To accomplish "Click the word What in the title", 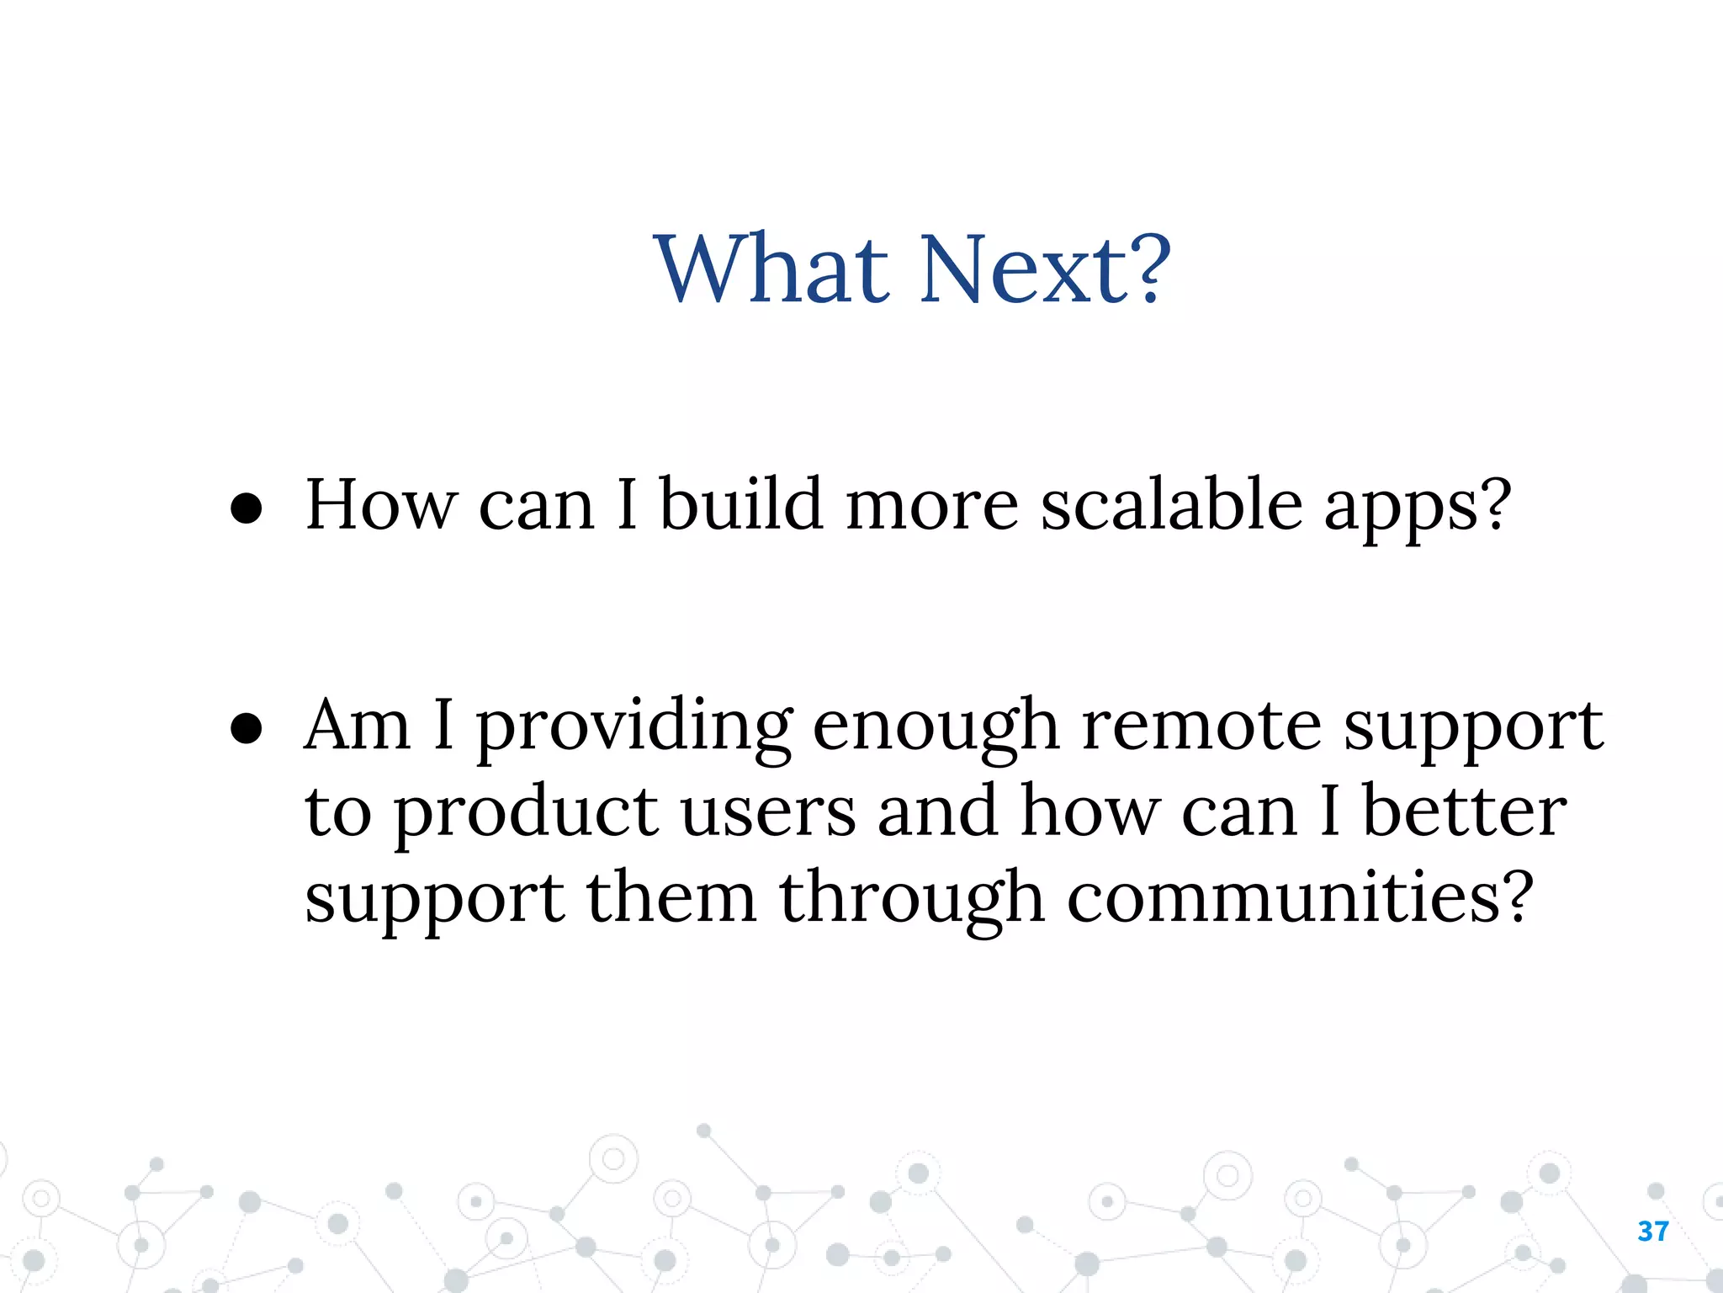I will coord(771,269).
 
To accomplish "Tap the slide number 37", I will coord(1653,1232).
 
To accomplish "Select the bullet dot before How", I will coord(247,509).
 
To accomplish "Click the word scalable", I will coord(1171,505).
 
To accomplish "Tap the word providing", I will coord(634,729).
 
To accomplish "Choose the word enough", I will coord(936,729).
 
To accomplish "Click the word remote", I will coord(1201,726).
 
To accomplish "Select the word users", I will coord(767,813).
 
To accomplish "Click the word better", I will coord(1465,811).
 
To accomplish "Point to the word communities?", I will coord(1300,897).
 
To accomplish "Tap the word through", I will coord(912,901).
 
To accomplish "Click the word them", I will coord(671,897).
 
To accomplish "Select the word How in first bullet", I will coord(381,505).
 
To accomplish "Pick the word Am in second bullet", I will coord(358,726).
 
